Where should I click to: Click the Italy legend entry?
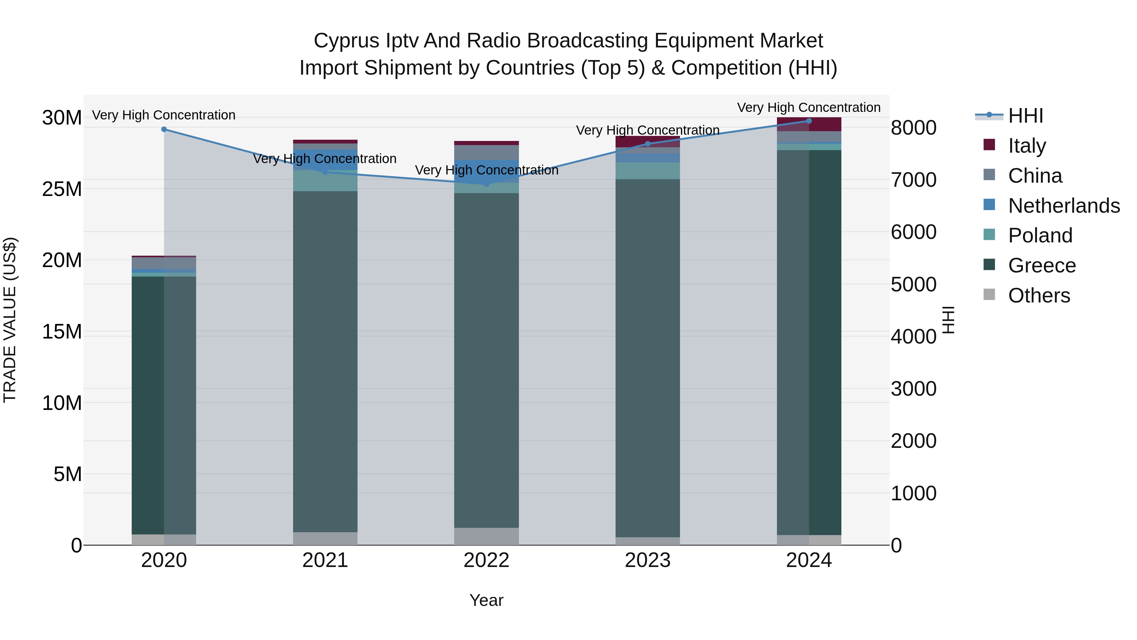tap(1027, 146)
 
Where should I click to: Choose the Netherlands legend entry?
tap(1064, 206)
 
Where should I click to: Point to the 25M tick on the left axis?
tap(62, 189)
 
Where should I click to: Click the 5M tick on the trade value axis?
tap(68, 474)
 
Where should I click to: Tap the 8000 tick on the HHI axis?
tap(913, 128)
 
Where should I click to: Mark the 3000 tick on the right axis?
tap(913, 389)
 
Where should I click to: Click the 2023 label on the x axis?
tap(647, 560)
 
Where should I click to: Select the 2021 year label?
tap(325, 560)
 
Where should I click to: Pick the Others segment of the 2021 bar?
tap(325, 539)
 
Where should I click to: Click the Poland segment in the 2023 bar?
tap(647, 170)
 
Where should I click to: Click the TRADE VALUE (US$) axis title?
tap(10, 320)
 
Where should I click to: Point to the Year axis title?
tap(486, 600)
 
